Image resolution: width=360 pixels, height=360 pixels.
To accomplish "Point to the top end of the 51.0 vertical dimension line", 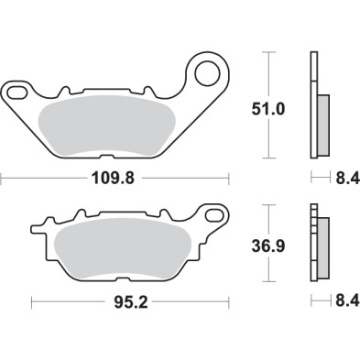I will [267, 54].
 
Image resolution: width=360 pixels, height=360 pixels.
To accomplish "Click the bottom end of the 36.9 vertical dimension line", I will [267, 279].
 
